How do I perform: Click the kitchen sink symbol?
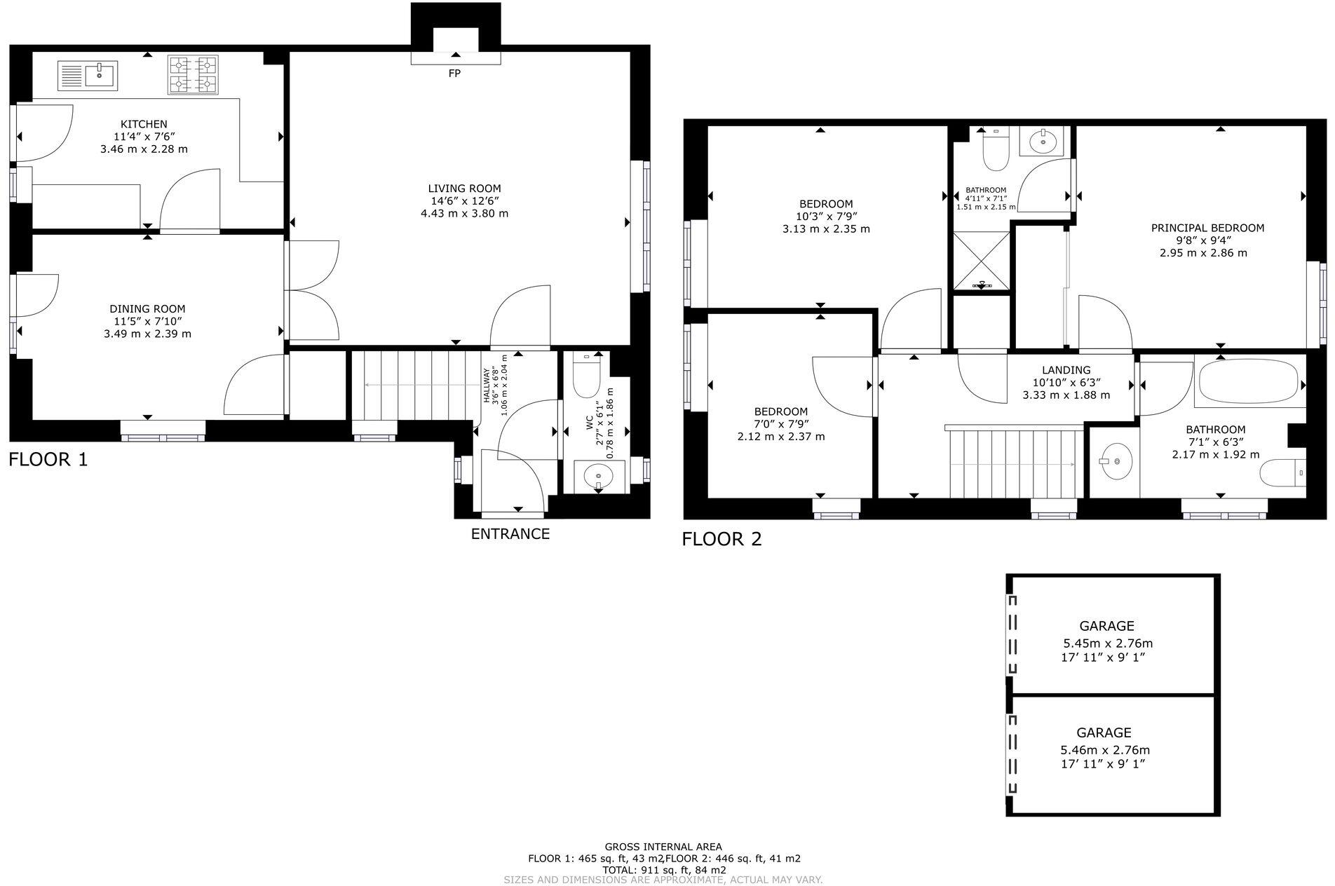(88, 75)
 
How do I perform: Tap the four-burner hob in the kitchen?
(193, 75)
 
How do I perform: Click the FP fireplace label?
(454, 74)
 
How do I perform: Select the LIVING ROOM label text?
(464, 189)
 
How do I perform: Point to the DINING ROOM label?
(147, 309)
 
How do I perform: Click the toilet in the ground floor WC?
(585, 378)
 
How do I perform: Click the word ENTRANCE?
(510, 534)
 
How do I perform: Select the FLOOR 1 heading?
(48, 460)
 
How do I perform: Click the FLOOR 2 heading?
(721, 539)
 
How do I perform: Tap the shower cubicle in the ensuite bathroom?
(981, 260)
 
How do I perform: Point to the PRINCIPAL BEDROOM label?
(1207, 228)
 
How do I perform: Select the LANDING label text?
(1066, 370)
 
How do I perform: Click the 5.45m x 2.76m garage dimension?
(1108, 643)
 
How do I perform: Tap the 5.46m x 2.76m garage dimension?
(1105, 750)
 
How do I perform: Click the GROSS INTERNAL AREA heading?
(663, 847)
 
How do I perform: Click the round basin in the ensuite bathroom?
(1044, 141)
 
